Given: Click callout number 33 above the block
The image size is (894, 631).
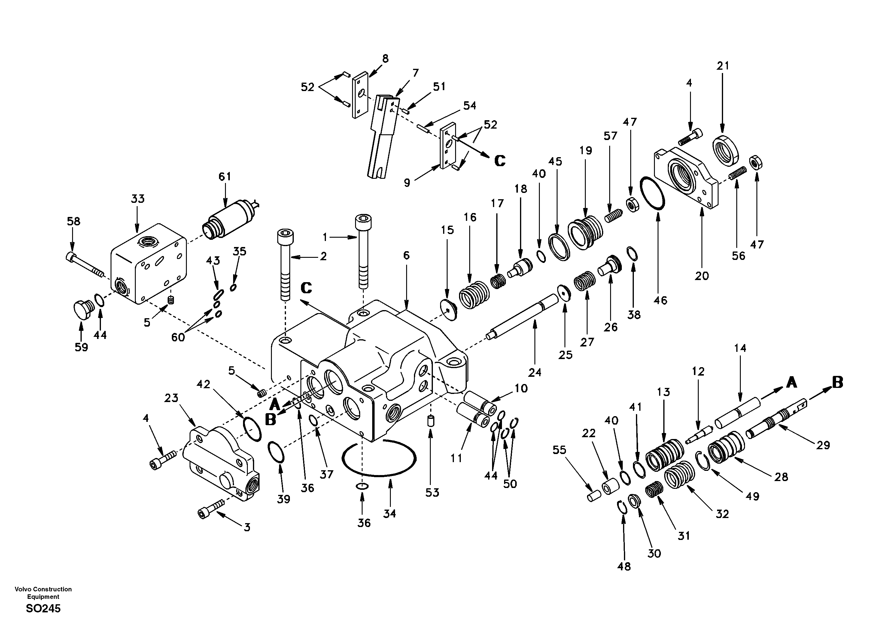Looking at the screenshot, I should [138, 199].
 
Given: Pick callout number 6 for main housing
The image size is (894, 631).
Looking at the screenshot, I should [406, 255].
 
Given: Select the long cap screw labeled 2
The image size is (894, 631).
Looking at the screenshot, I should [285, 265].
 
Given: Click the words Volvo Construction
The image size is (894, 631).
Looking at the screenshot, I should [43, 589].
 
